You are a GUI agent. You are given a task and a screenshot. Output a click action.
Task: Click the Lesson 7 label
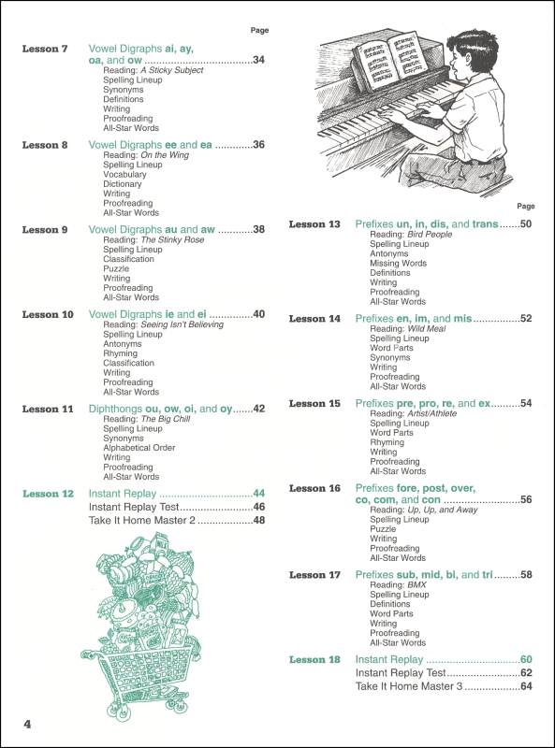(x=45, y=48)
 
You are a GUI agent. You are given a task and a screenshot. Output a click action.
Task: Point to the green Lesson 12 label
(x=48, y=493)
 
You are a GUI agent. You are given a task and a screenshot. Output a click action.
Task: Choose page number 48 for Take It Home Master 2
(x=259, y=520)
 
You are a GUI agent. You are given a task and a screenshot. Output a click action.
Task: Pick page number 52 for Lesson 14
(x=526, y=319)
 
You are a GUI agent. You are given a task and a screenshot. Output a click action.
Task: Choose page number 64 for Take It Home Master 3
(x=526, y=686)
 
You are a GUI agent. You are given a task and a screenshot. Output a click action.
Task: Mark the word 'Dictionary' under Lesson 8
(x=123, y=184)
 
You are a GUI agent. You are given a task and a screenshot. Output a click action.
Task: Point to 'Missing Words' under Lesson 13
(x=398, y=264)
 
